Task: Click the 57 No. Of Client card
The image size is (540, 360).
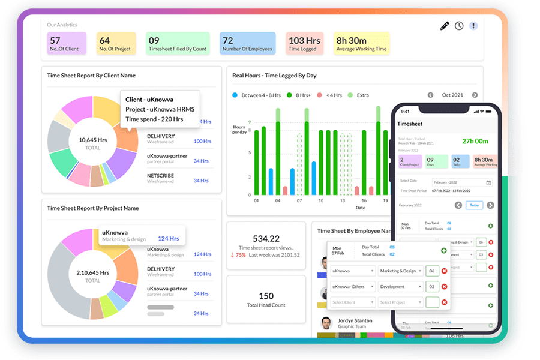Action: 67,44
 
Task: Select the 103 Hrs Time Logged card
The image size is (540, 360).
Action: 304,44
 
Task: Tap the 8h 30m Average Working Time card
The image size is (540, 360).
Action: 362,44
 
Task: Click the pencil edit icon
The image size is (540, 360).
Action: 445,26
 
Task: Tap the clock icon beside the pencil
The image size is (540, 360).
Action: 459,26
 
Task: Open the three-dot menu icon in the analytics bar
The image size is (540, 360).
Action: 473,26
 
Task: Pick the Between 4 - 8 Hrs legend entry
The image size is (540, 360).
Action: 259,95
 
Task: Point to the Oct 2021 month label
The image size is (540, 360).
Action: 452,95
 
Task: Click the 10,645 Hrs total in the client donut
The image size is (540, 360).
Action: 92,140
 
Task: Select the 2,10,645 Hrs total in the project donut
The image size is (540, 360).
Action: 92,272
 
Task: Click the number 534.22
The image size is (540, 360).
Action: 266,238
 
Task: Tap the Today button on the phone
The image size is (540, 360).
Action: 474,205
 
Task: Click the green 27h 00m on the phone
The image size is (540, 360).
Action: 475,142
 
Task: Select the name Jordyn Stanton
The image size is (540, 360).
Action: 355,321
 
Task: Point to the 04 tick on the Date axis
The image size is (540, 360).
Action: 278,201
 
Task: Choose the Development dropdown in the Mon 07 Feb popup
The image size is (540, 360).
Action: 400,287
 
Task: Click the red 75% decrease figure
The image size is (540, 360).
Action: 241,255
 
